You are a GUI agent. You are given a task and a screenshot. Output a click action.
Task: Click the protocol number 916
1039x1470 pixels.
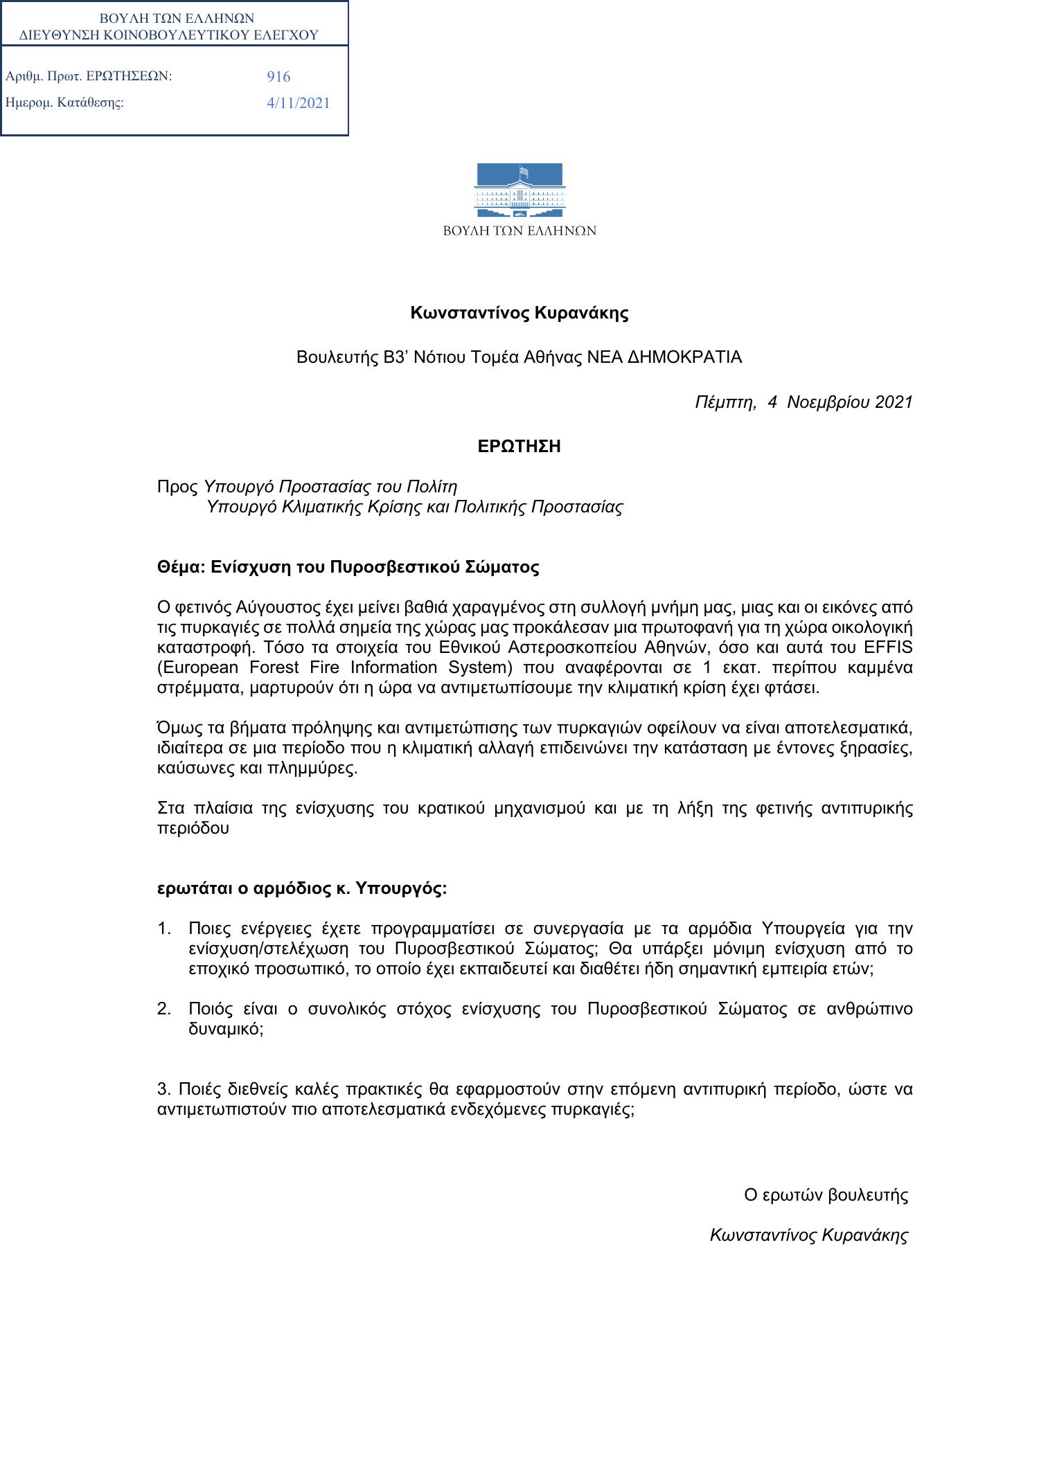[278, 77]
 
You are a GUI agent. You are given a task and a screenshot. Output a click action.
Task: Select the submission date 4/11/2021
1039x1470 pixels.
[299, 103]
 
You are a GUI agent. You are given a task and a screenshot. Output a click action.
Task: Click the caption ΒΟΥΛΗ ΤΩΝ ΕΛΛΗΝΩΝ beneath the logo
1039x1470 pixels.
[519, 231]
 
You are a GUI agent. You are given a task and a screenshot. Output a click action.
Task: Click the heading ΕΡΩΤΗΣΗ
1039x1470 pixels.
[519, 447]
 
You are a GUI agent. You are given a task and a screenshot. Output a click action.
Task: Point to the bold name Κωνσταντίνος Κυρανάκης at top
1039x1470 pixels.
[519, 313]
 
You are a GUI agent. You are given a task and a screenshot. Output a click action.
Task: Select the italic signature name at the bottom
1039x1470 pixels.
[809, 1235]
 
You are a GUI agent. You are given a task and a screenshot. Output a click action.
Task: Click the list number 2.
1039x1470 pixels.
[164, 1009]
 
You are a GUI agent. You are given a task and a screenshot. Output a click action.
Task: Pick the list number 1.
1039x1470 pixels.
[164, 929]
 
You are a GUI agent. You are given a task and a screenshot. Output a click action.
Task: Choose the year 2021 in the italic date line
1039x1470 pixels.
[894, 402]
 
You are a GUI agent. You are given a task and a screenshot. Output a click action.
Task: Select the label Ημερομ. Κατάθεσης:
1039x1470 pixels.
[64, 103]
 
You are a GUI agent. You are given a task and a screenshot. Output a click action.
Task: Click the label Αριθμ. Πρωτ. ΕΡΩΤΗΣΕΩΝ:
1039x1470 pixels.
[89, 76]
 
